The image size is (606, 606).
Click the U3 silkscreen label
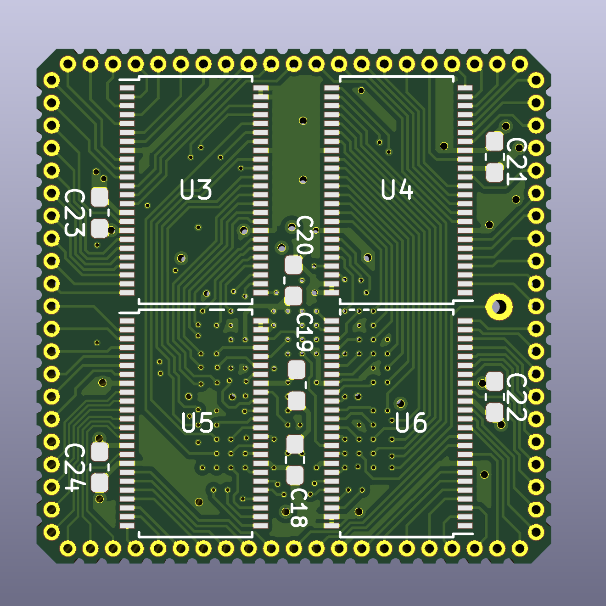[196, 190]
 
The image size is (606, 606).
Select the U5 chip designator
[197, 423]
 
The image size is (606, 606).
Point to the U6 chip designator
[411, 423]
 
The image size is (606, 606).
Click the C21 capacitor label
[516, 161]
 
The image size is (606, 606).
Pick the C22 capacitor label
[516, 397]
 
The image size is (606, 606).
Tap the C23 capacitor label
[74, 213]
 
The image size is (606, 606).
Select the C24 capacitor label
[74, 467]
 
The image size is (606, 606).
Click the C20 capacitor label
[304, 235]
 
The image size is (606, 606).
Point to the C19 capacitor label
[304, 332]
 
